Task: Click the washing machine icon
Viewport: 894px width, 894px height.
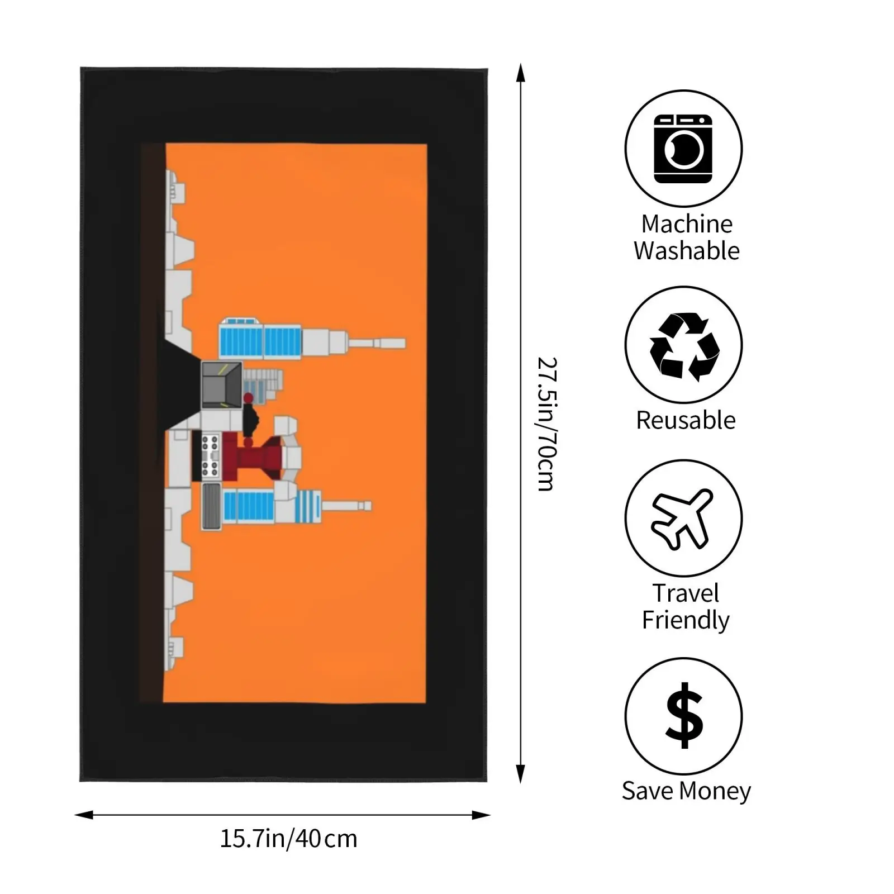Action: (683, 149)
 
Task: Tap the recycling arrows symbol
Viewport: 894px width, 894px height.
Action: (684, 346)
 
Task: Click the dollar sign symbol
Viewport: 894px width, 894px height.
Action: (684, 716)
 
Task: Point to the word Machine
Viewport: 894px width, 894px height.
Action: (687, 224)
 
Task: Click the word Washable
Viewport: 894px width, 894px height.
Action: (687, 251)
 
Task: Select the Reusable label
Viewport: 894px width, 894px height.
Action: (686, 420)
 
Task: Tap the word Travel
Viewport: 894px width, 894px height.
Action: (686, 593)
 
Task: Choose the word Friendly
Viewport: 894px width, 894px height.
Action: (686, 620)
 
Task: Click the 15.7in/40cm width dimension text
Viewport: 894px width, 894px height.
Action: (288, 839)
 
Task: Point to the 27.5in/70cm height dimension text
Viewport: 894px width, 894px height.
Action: (546, 424)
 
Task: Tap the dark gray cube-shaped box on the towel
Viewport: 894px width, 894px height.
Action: (221, 385)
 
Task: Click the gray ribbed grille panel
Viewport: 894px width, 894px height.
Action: (211, 506)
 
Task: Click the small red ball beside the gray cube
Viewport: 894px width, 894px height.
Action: (249, 398)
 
